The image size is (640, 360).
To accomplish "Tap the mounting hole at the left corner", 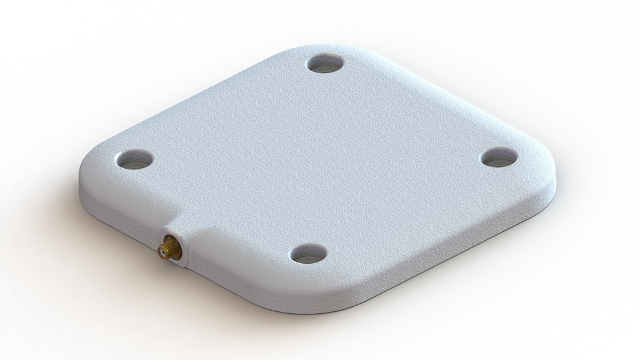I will pyautogui.click(x=134, y=159).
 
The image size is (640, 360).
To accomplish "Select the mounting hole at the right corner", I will pyautogui.click(x=501, y=157).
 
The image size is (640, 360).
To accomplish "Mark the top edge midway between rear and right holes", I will pyautogui.click(x=437, y=94).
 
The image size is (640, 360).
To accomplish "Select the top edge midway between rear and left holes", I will pyautogui.click(x=206, y=94).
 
